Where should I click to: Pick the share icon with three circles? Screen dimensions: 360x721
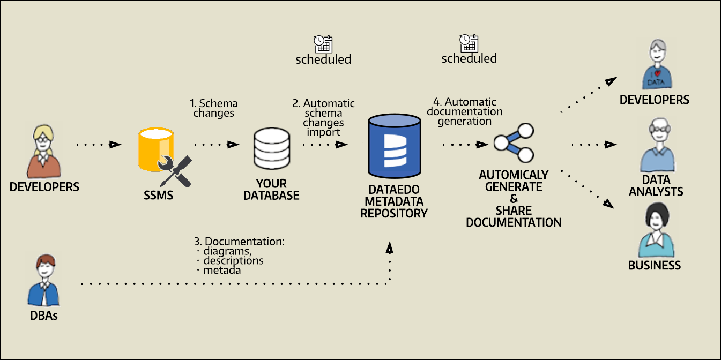tap(514, 143)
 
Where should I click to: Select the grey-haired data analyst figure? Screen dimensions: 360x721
tap(657, 146)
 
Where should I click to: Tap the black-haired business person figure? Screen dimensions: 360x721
tap(655, 231)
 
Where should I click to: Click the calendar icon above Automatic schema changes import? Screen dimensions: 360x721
tap(323, 42)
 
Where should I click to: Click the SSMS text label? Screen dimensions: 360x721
tap(159, 196)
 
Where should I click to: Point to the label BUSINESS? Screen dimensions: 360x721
tap(654, 266)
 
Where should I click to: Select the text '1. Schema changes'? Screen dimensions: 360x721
tap(213, 108)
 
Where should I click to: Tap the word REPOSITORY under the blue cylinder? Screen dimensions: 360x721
tap(394, 213)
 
